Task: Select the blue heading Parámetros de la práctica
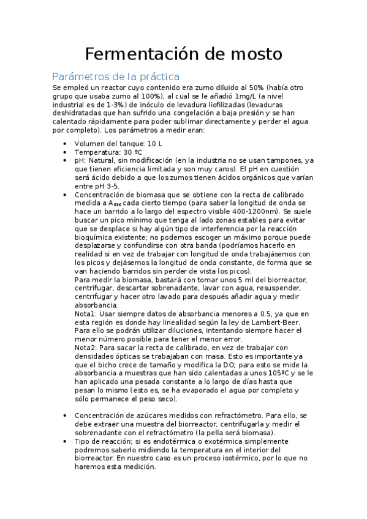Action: (116, 77)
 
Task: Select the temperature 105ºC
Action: (282, 373)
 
